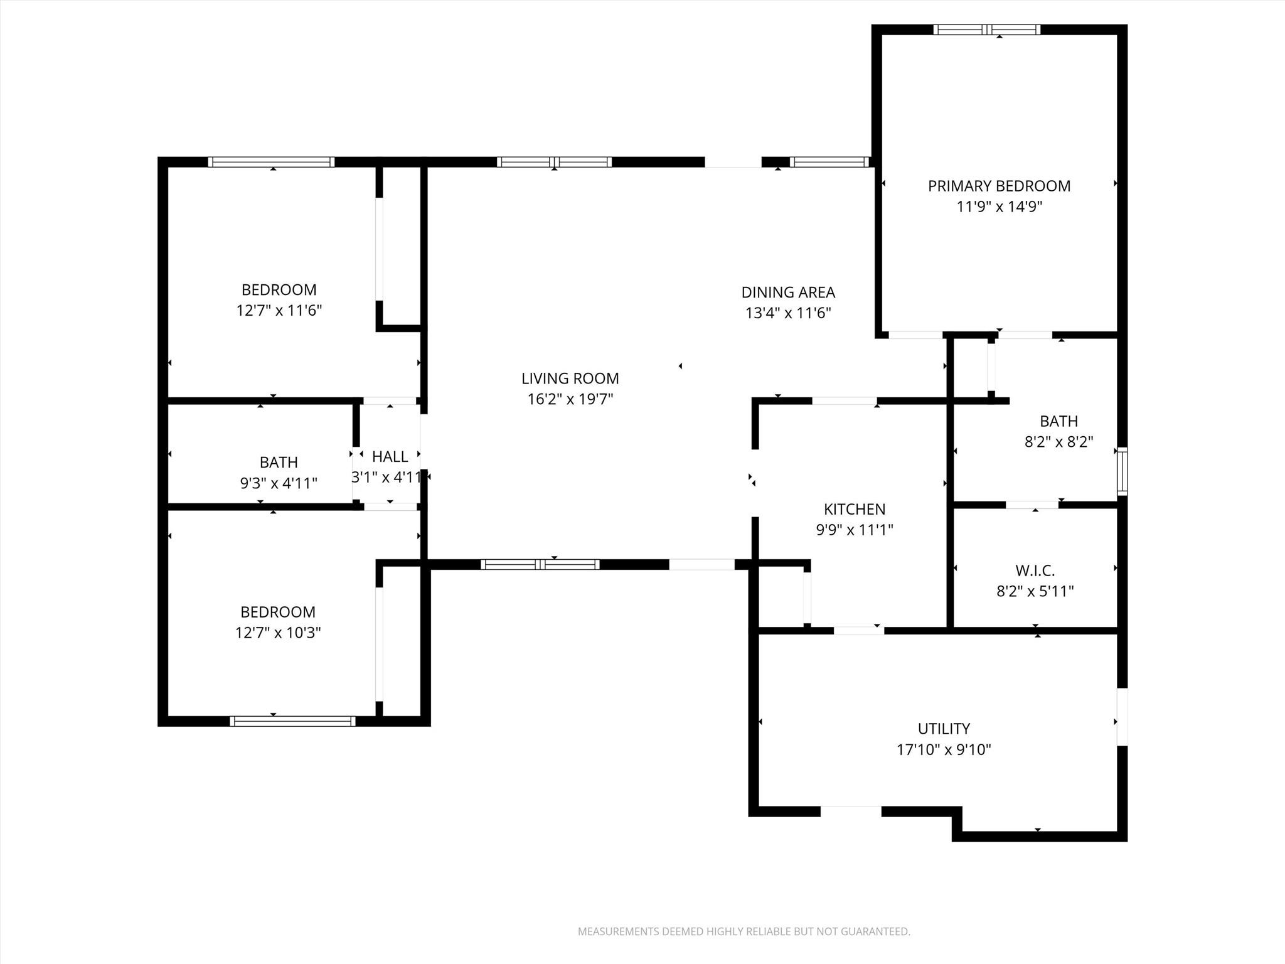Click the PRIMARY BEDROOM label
coord(999,186)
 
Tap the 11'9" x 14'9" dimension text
coord(999,206)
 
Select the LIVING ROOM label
coord(570,378)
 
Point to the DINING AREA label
coord(788,292)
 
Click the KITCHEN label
coord(854,509)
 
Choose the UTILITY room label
coord(944,729)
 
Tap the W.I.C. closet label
coord(1035,570)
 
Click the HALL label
coord(390,456)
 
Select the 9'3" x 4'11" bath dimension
coord(279,483)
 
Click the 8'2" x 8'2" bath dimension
coord(1058,442)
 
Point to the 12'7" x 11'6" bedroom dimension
coord(279,311)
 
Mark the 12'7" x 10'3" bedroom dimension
coord(278,633)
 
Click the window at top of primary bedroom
coord(986,29)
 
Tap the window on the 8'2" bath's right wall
coord(1122,471)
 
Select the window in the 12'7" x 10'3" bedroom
coord(292,721)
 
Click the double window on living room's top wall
coord(554,162)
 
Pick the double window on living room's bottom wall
coord(540,564)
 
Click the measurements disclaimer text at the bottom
coord(744,931)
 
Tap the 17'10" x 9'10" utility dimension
coord(944,749)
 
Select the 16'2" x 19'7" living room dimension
coord(570,399)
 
